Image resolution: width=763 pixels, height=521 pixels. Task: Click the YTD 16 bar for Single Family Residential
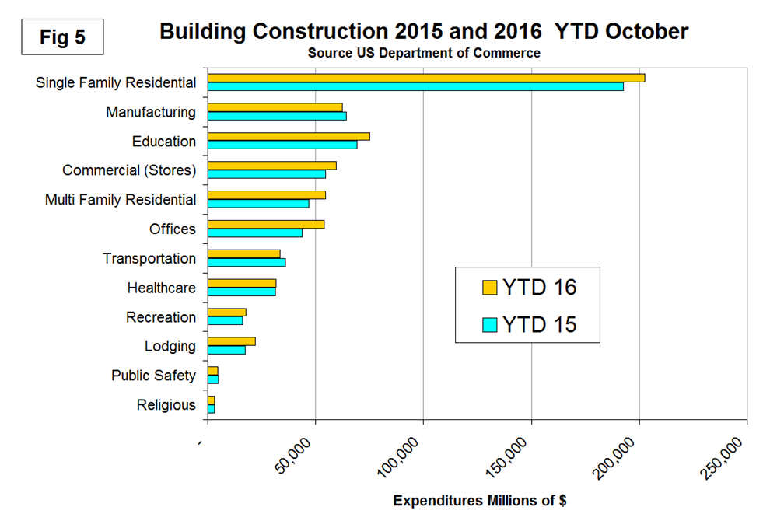click(x=426, y=78)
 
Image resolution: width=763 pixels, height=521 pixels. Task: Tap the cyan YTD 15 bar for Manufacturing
click(x=277, y=116)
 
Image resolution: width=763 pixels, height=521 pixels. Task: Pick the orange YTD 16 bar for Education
click(x=289, y=136)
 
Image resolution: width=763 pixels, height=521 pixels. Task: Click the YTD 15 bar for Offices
click(x=255, y=233)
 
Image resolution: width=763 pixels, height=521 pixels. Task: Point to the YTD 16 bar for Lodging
click(x=232, y=341)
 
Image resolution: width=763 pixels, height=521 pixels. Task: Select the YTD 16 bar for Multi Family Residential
click(x=267, y=195)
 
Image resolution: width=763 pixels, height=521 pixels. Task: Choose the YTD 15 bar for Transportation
click(x=247, y=262)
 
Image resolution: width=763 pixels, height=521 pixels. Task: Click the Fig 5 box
click(x=62, y=37)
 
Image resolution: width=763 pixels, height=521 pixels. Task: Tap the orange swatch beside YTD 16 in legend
click(x=489, y=288)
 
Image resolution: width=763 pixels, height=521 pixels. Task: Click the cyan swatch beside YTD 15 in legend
click(x=489, y=324)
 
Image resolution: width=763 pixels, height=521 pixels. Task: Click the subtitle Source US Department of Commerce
click(x=424, y=54)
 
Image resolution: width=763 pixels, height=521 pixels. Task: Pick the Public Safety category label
click(x=153, y=376)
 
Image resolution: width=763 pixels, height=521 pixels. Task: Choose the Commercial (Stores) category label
click(x=129, y=170)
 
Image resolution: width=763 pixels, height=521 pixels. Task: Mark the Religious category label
click(x=166, y=405)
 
